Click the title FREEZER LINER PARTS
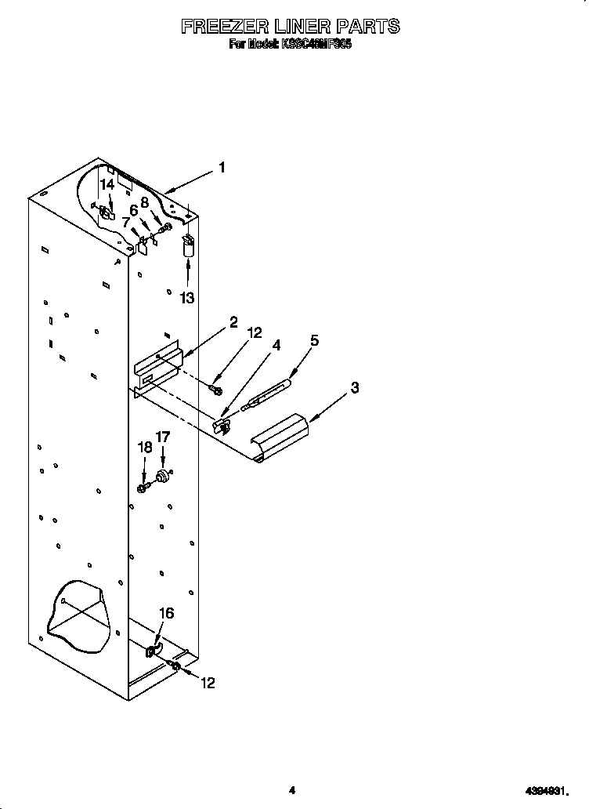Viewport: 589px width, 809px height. tap(291, 27)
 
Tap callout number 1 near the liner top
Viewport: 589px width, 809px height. tap(222, 167)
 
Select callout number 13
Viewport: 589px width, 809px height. tap(187, 298)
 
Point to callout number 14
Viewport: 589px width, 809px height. tap(107, 185)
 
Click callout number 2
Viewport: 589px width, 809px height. tap(233, 322)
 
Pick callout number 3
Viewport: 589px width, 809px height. tap(355, 387)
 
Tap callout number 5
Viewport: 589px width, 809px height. tap(314, 340)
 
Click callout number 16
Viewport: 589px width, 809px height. tap(166, 614)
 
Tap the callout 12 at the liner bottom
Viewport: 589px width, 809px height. tap(207, 683)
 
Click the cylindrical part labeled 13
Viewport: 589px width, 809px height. tap(187, 247)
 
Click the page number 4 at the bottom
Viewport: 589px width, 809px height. tap(291, 790)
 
